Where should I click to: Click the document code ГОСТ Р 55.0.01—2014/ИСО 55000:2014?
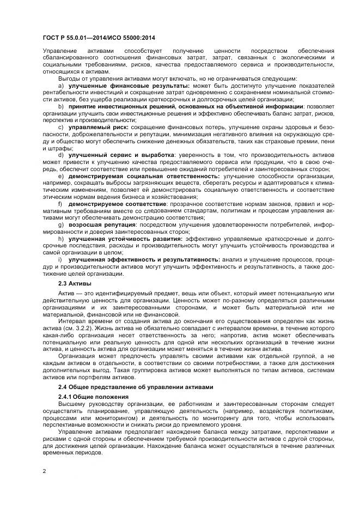pos(99,37)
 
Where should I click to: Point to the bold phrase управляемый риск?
pos(98,126)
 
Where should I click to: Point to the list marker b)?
pos(60,106)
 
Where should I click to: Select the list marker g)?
pos(60,224)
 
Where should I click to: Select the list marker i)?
pos(60,259)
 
